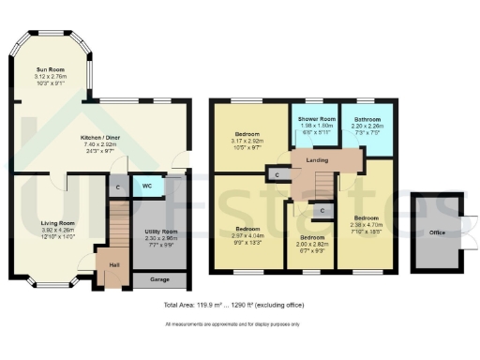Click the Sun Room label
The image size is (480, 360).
(x=51, y=69)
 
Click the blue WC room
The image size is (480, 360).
(x=148, y=186)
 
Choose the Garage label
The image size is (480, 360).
(x=161, y=278)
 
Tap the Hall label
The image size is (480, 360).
(x=113, y=265)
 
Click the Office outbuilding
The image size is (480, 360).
(x=435, y=232)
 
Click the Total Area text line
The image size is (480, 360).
(x=239, y=306)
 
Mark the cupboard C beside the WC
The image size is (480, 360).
(x=116, y=187)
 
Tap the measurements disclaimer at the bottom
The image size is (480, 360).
(x=239, y=324)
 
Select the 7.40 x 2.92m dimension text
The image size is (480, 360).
(x=97, y=146)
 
